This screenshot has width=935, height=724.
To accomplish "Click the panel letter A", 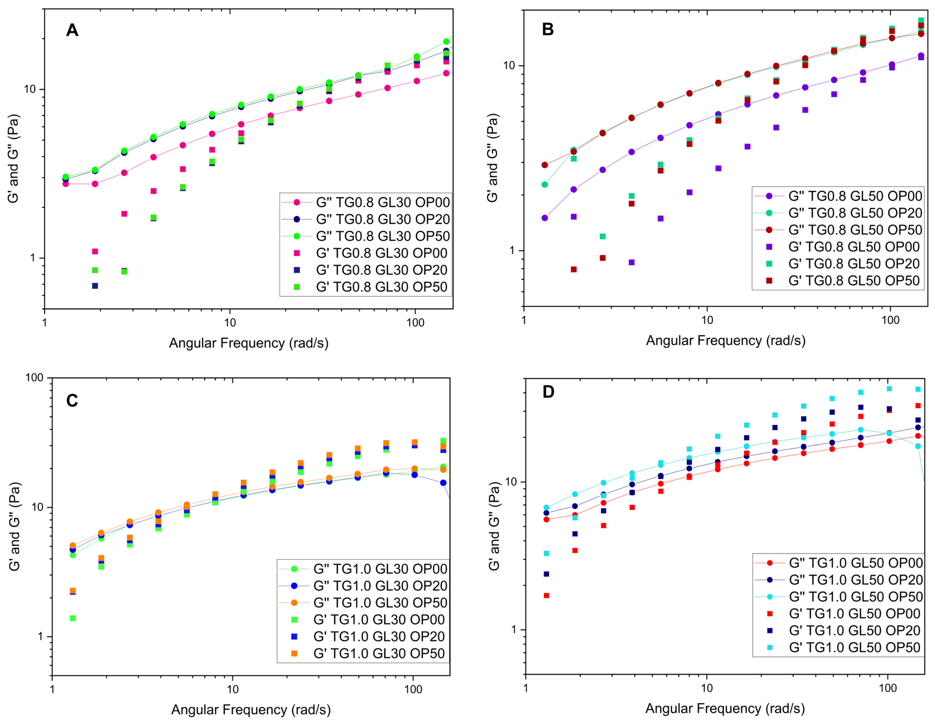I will [72, 30].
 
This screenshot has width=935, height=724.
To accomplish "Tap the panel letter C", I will [72, 401].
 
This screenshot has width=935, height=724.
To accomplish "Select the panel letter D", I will [548, 392].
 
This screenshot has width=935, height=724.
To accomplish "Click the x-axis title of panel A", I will [249, 343].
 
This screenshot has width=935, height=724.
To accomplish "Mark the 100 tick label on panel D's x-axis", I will [888, 688].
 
